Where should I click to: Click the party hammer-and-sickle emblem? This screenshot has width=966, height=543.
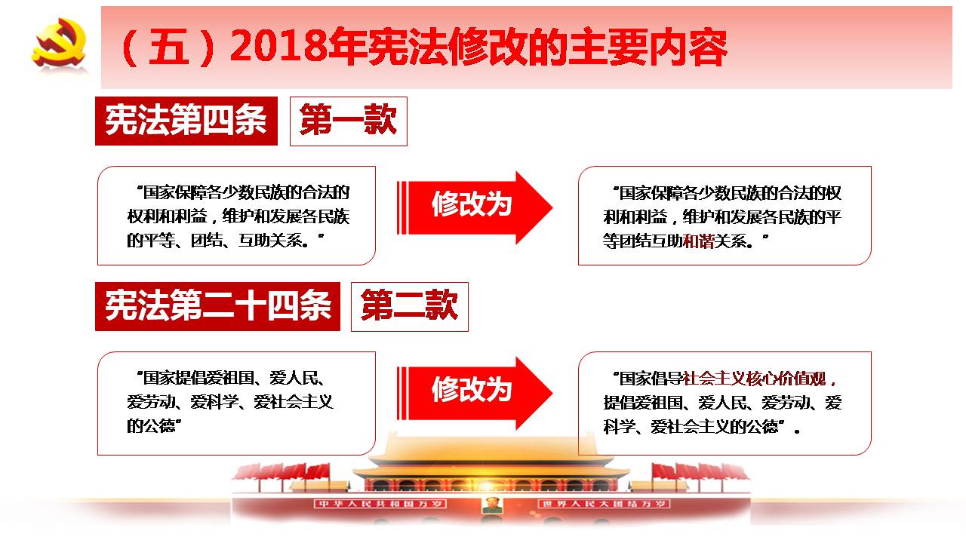tap(59, 42)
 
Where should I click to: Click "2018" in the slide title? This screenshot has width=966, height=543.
tap(278, 47)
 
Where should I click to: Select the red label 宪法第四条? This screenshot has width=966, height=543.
tap(186, 121)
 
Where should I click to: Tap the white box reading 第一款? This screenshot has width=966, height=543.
tap(349, 121)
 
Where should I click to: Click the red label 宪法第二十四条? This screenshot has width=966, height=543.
tap(218, 306)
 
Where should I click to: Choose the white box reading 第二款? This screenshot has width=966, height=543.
tap(410, 307)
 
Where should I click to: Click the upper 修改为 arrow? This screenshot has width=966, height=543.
tap(475, 207)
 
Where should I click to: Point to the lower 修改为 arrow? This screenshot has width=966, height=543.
tap(475, 393)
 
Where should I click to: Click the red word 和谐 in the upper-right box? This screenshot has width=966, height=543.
tap(699, 241)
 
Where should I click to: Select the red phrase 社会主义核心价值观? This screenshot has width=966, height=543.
tap(755, 379)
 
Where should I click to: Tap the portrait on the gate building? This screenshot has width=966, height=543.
tap(492, 505)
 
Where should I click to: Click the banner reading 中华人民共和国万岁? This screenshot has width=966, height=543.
tap(380, 504)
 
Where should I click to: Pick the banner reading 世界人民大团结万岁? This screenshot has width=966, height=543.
tap(604, 504)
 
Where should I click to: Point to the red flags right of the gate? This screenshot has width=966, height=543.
tap(701, 473)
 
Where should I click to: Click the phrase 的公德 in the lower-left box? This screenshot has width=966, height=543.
tap(152, 426)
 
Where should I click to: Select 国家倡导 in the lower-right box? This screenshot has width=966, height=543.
tap(651, 379)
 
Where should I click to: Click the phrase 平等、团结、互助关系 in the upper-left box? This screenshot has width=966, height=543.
tap(223, 241)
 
